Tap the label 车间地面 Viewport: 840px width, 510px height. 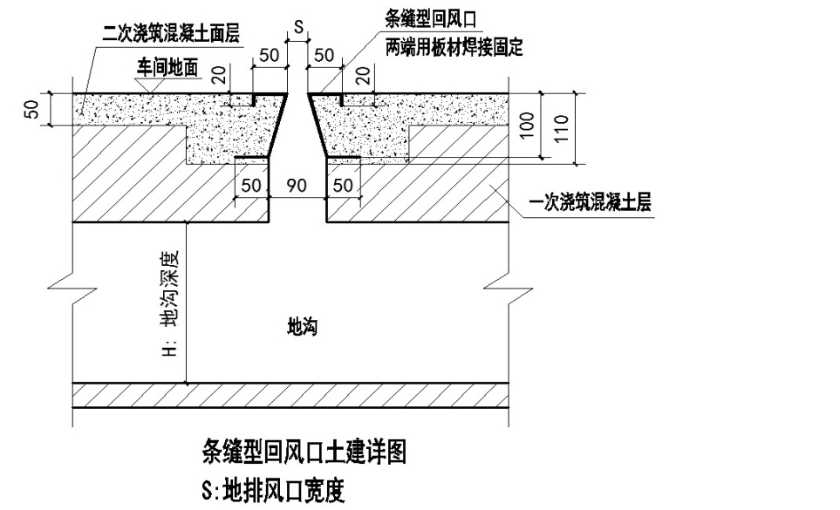(x=169, y=66)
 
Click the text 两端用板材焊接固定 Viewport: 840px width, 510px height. (x=454, y=47)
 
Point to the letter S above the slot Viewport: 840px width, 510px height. (x=297, y=28)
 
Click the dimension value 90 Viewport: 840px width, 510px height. (x=297, y=186)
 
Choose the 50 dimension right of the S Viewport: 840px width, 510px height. (x=324, y=55)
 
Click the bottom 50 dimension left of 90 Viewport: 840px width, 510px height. (x=251, y=186)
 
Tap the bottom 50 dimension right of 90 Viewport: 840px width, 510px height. (x=343, y=186)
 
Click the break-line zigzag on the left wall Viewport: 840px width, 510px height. (x=72, y=283)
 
